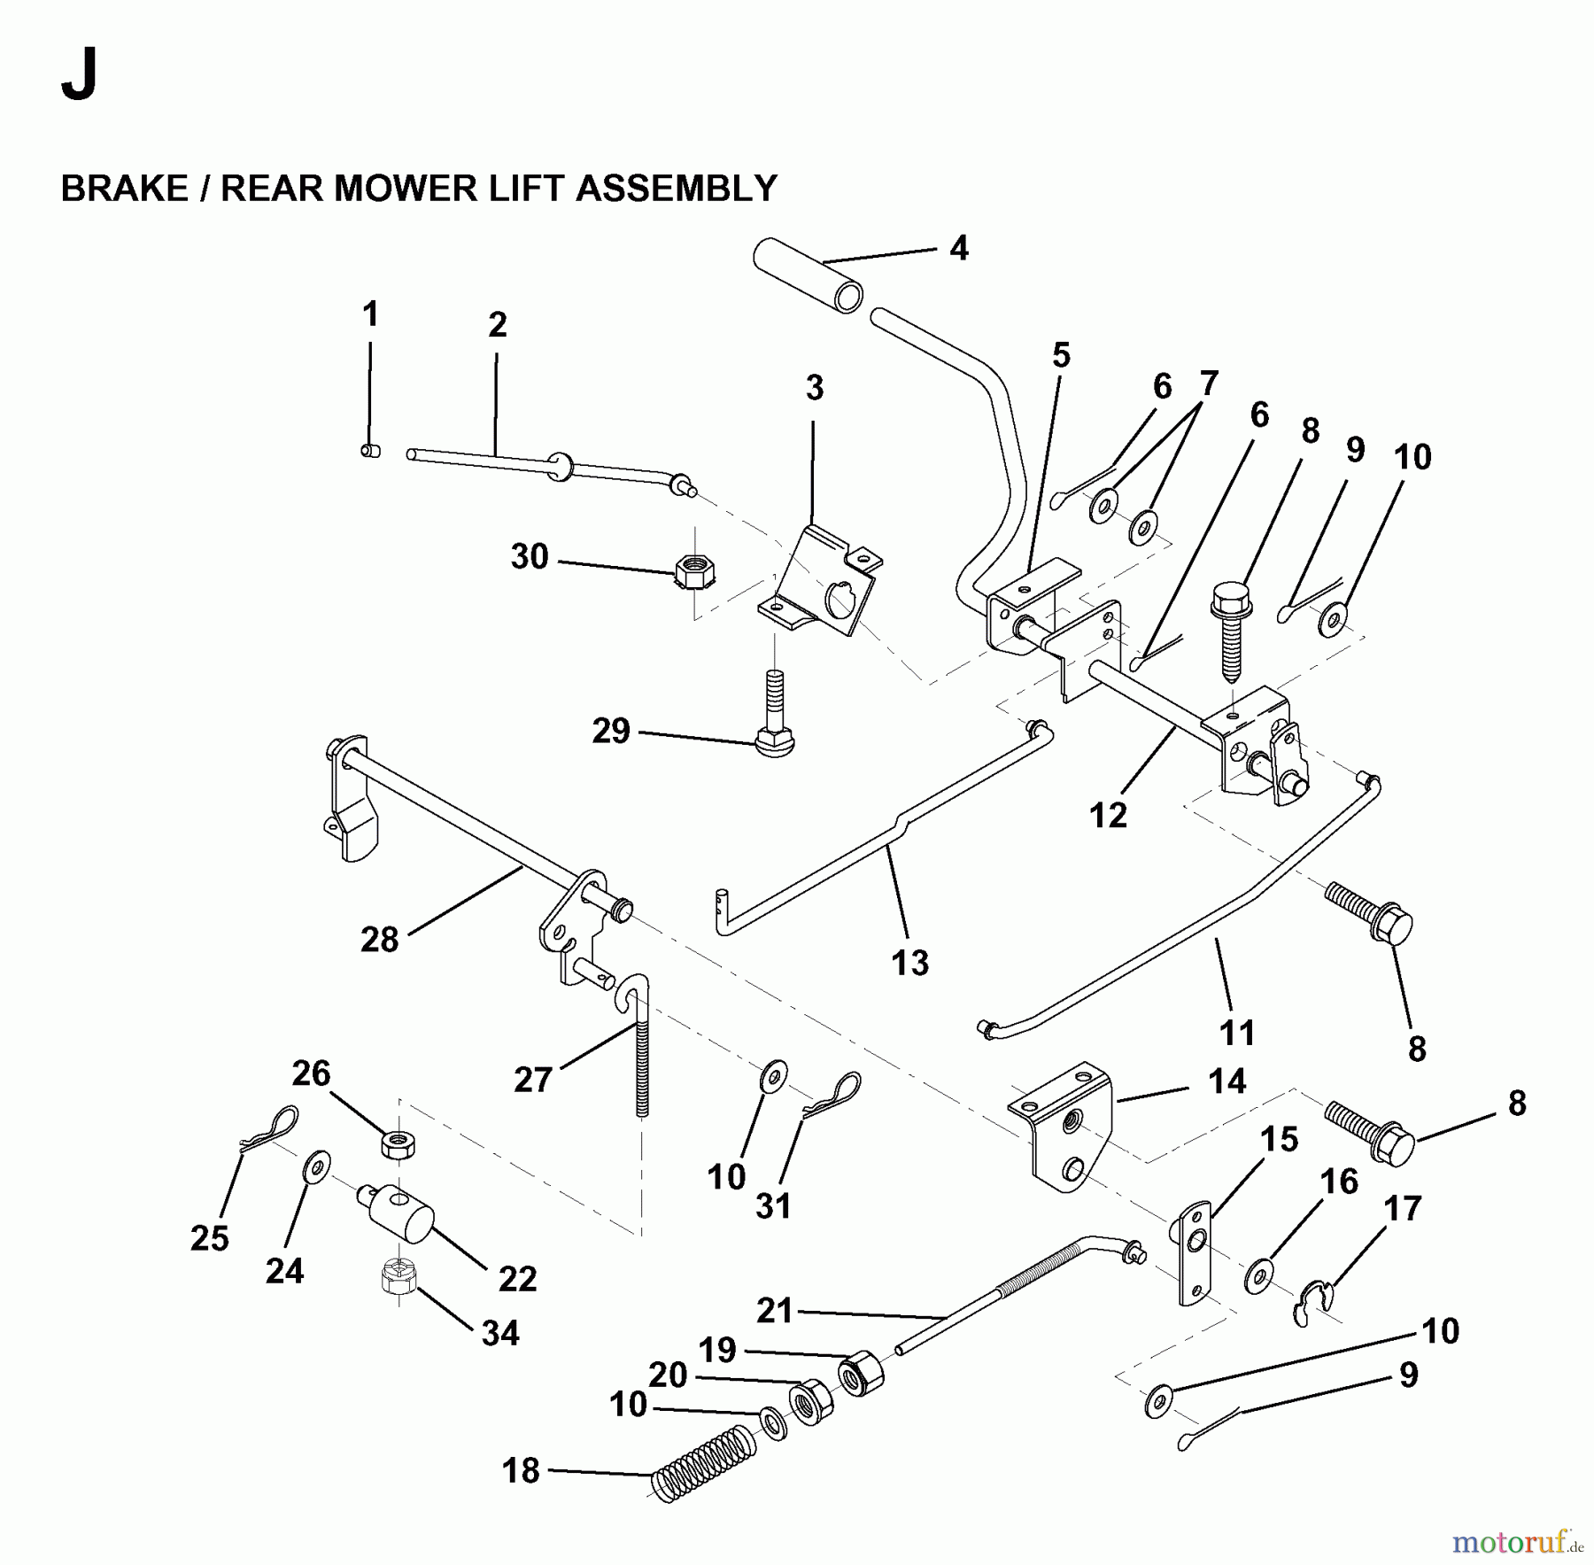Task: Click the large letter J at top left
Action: [79, 76]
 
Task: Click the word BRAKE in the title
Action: [124, 189]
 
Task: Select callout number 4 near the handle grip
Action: [958, 249]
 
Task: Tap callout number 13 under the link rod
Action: [910, 963]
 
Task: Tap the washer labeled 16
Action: [1258, 1277]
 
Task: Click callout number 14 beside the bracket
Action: [1226, 1081]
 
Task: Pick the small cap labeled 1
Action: [371, 451]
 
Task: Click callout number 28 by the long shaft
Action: [380, 940]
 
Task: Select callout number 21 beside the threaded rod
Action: [775, 1311]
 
